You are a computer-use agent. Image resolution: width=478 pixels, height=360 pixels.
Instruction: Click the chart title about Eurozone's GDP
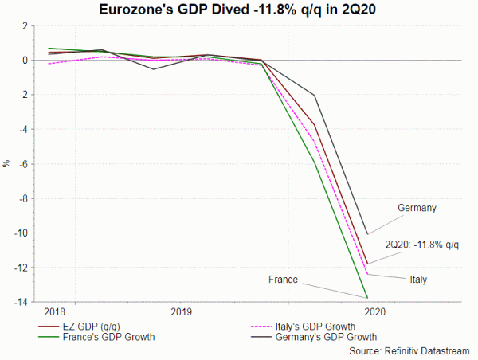point(240,10)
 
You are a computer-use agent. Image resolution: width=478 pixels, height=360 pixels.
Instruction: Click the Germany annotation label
point(417,209)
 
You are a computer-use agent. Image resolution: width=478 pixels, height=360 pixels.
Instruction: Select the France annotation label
point(283,280)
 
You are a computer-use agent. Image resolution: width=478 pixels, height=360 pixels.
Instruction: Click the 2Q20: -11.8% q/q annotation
point(421,244)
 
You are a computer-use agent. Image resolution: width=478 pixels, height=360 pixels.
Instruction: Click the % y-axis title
point(6,163)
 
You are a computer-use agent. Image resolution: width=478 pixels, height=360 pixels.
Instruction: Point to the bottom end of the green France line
point(367,298)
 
